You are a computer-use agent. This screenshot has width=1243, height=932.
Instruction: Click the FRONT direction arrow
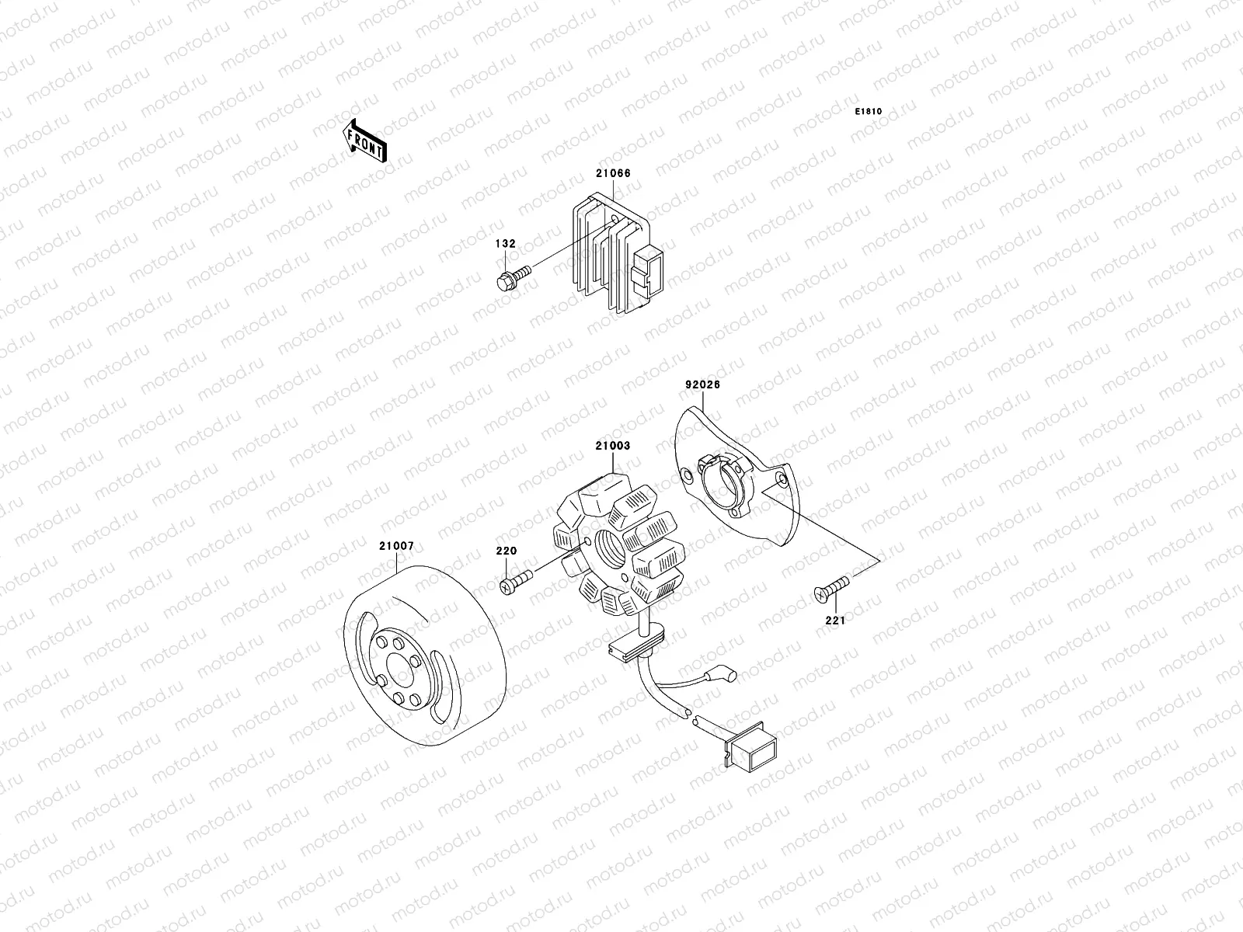pos(364,141)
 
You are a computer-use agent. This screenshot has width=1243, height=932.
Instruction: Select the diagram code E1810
pos(869,112)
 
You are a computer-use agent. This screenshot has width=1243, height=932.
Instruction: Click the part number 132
pos(506,244)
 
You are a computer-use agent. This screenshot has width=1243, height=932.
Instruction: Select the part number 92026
pos(702,384)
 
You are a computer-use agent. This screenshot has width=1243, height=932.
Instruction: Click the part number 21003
pos(613,447)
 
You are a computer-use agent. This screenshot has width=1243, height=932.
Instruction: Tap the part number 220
pos(507,551)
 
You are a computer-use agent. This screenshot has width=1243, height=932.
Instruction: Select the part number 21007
pos(396,546)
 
